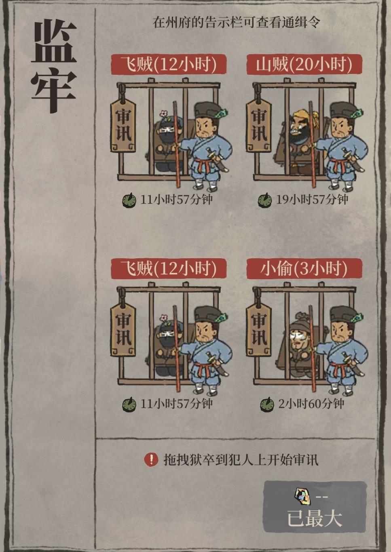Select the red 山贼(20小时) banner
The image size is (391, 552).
[x=304, y=65]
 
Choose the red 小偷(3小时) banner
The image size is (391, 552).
[x=304, y=269]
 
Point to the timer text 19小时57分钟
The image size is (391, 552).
[x=312, y=200]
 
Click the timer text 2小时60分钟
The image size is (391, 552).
[x=311, y=404]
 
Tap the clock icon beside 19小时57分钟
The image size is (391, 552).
[x=265, y=200]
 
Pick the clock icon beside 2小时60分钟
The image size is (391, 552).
[x=267, y=404]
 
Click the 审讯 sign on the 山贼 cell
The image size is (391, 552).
[x=258, y=126]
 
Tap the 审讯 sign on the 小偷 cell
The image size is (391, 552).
[x=258, y=330]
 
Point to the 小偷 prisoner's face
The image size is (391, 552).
[x=298, y=335]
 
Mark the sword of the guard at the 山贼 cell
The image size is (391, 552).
[x=351, y=159]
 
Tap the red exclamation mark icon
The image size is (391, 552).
[x=151, y=459]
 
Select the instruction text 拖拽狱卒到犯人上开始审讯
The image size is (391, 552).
[x=241, y=460]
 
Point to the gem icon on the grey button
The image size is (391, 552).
[x=302, y=497]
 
